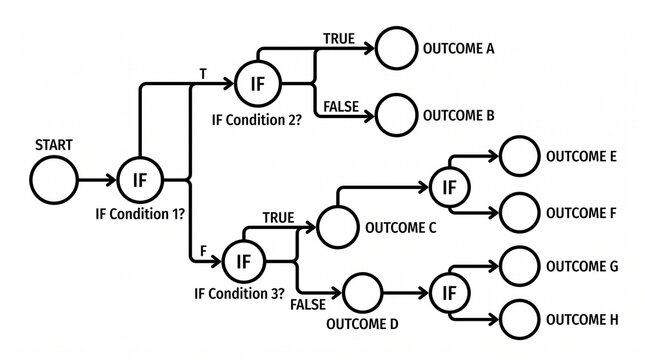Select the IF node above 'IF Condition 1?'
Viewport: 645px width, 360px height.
coord(140,180)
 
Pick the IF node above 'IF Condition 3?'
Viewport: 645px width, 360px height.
coord(242,261)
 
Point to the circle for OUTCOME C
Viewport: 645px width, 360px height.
coord(337,227)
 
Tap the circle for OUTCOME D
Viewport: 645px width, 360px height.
coord(363,294)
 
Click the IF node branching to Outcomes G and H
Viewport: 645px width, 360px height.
coord(449,294)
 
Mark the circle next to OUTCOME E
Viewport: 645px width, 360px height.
coord(518,157)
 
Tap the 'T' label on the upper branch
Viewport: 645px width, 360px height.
coord(205,75)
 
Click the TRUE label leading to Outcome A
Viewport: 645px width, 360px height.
coord(338,38)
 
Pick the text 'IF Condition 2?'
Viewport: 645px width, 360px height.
coord(257,119)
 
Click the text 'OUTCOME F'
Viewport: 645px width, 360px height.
coord(581,212)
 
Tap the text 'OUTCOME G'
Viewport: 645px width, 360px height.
coord(581,266)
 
